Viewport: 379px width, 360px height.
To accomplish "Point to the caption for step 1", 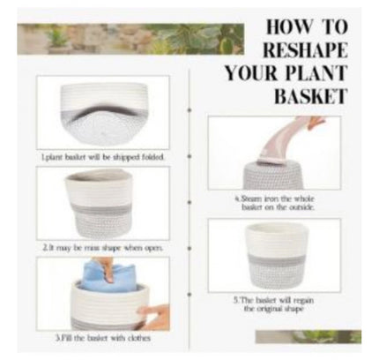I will click(x=102, y=157).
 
